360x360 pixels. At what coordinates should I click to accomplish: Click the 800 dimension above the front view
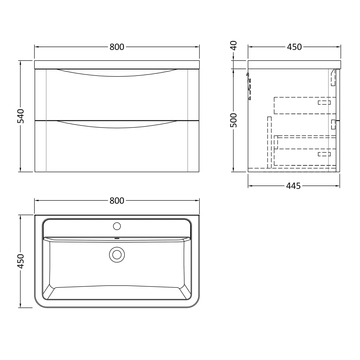point(117,47)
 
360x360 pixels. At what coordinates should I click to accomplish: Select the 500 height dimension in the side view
point(233,120)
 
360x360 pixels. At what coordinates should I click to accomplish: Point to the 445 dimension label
point(293,186)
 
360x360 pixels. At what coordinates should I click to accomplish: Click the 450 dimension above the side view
point(294,47)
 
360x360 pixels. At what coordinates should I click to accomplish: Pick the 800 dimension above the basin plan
point(117,200)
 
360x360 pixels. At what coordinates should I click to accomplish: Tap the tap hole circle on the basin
point(117,226)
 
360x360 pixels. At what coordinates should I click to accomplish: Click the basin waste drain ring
point(117,255)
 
